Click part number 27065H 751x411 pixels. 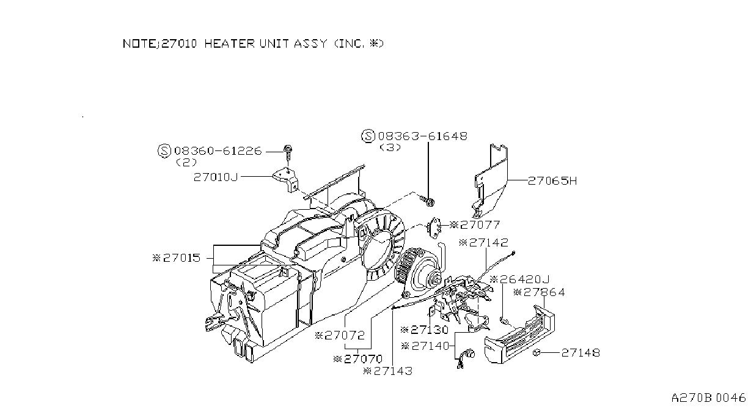(x=552, y=181)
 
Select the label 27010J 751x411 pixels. (x=216, y=177)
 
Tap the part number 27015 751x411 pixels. (x=181, y=258)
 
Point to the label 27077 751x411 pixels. (x=480, y=225)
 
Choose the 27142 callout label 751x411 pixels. (x=489, y=243)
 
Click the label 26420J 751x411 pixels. (x=525, y=280)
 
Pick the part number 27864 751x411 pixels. (x=544, y=292)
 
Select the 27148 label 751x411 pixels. (x=581, y=353)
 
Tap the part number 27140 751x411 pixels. (x=430, y=346)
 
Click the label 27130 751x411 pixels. (x=430, y=330)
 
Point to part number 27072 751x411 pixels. (x=344, y=336)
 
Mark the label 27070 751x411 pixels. (x=363, y=360)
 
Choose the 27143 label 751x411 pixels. (x=392, y=371)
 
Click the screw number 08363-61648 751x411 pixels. (x=422, y=136)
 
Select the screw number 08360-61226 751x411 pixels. (x=218, y=151)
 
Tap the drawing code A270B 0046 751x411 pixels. (x=708, y=398)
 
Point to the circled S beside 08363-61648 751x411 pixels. (x=368, y=136)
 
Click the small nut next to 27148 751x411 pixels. (x=536, y=353)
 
